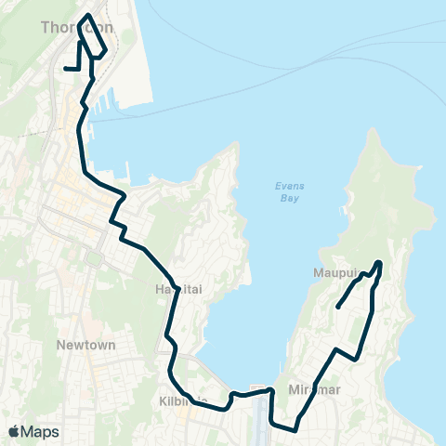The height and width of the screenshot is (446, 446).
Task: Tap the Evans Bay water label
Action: [290, 191]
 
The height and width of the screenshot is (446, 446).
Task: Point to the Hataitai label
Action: [174, 289]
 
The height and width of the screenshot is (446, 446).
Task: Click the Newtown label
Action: [85, 345]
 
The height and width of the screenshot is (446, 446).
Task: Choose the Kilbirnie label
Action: [186, 400]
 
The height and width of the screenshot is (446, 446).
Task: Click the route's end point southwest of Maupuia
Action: [336, 307]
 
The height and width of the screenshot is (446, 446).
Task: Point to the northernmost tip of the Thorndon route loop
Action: [87, 16]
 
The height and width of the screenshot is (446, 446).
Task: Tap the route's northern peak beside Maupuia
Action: [379, 262]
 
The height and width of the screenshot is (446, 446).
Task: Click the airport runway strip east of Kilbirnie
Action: [259, 413]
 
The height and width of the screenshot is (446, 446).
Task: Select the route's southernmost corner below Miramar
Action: [295, 430]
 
